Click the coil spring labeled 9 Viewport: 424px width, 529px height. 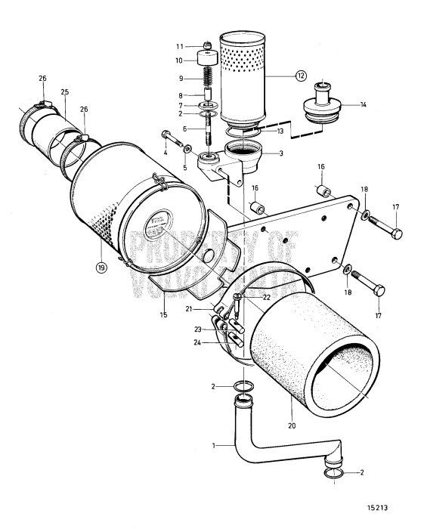(206, 79)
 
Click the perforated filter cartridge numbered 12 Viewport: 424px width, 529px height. (241, 76)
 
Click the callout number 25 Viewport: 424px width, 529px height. (64, 91)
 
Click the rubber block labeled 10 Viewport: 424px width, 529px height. (206, 59)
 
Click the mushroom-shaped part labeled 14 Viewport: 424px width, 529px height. (320, 106)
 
